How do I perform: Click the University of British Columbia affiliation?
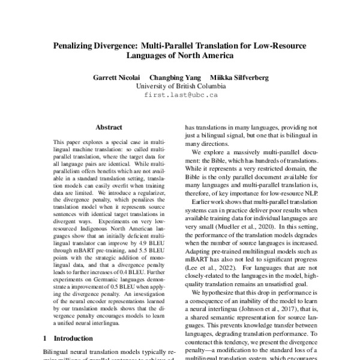[x=181, y=86]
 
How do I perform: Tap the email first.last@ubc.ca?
[x=181, y=95]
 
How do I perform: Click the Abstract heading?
[x=109, y=127]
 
